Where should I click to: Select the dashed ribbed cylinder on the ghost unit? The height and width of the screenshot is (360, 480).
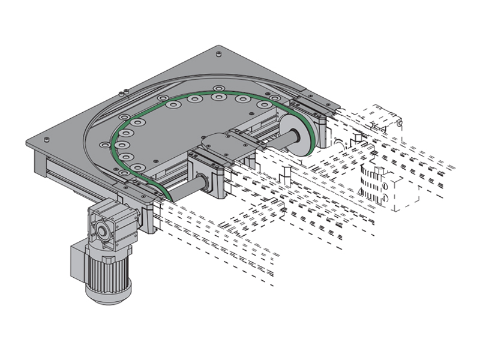pos(372,180)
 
